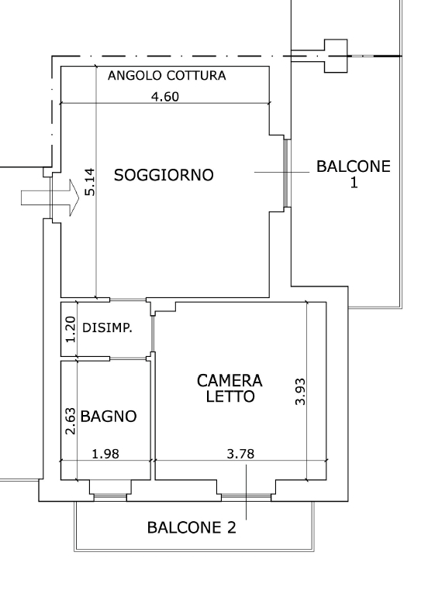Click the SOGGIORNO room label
point(164,175)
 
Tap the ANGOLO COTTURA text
point(167,76)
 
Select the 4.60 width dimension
point(165,97)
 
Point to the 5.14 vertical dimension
point(90,182)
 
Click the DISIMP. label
point(108,328)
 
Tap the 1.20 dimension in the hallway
point(71,329)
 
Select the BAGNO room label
point(109,417)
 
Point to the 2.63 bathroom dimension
point(71,421)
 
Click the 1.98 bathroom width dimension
point(105,454)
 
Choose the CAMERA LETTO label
point(230,389)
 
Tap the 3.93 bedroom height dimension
point(300,391)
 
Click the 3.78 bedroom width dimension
point(240,454)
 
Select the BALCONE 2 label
point(192,527)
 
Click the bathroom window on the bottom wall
point(110,497)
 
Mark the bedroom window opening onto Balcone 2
point(246,497)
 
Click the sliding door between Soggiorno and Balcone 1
point(286,173)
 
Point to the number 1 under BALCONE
point(354,183)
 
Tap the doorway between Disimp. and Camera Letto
point(153,334)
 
